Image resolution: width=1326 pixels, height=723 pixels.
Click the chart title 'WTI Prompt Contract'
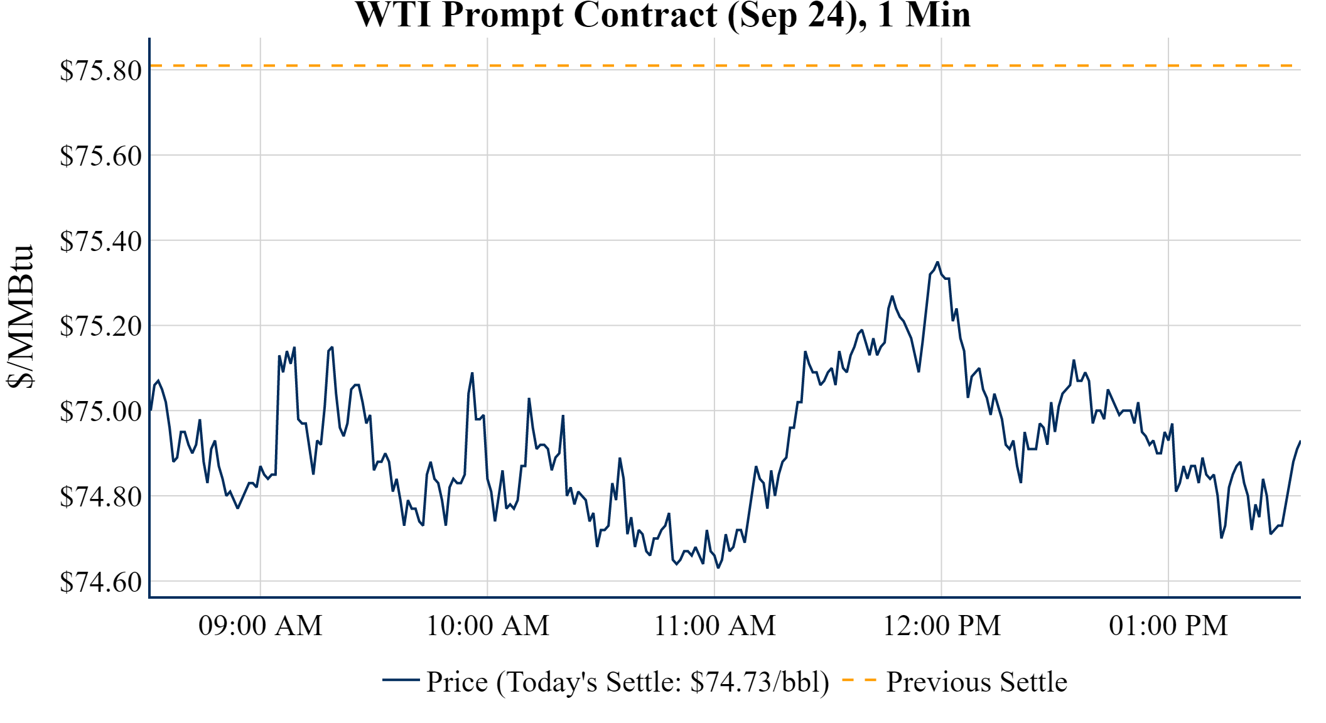click(662, 15)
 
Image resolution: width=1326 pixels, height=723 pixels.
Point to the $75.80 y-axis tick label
click(100, 70)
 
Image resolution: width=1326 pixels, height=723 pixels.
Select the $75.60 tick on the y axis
click(100, 156)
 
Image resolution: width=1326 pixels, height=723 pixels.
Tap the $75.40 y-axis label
click(100, 241)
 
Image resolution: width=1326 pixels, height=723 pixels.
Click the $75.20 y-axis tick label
click(100, 326)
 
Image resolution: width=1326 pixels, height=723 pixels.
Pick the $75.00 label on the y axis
click(100, 412)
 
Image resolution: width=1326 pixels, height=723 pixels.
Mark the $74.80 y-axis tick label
click(100, 497)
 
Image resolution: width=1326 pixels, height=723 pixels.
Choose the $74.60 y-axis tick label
click(100, 582)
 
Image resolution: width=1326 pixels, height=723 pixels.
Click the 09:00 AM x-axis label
click(261, 626)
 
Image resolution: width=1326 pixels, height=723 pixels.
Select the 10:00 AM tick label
click(488, 626)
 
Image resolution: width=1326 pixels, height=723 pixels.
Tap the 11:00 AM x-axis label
click(714, 626)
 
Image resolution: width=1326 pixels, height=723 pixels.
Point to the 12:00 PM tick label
click(942, 626)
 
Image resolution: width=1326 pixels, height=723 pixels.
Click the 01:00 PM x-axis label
click(1168, 626)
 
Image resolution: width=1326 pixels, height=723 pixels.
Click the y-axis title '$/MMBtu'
click(20, 317)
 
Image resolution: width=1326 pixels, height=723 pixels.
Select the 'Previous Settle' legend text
click(976, 682)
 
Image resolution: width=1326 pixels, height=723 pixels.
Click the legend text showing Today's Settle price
click(628, 682)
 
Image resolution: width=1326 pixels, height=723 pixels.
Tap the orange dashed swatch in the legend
click(859, 680)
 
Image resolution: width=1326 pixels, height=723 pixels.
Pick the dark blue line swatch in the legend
click(401, 680)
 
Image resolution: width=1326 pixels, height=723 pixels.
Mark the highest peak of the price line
click(937, 262)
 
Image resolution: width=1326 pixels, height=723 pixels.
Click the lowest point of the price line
click(718, 567)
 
